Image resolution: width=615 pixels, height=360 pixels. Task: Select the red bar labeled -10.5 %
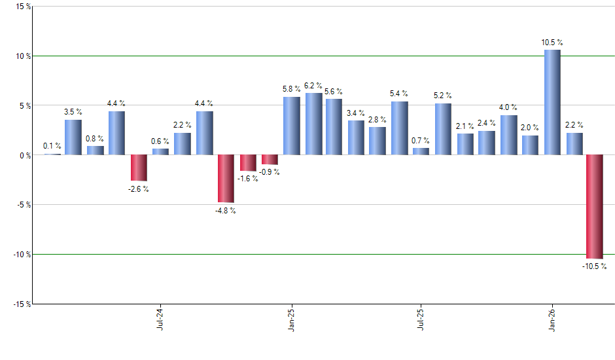click(595, 206)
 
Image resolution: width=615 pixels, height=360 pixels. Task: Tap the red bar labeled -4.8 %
click(226, 179)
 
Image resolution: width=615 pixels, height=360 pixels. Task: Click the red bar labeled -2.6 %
click(139, 168)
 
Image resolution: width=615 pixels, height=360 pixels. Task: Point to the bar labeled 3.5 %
click(73, 137)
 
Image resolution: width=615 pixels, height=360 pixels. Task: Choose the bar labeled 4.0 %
click(508, 135)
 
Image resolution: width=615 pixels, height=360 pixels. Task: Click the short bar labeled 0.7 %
click(421, 151)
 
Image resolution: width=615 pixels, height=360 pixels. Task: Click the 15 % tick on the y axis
click(22, 7)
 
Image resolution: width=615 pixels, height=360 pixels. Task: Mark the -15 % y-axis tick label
click(21, 304)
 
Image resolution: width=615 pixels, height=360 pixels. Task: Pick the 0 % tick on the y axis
click(24, 155)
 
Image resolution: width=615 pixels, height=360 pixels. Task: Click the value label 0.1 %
click(52, 146)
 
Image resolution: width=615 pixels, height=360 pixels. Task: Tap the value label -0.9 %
click(270, 172)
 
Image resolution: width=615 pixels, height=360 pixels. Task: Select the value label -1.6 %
click(247, 179)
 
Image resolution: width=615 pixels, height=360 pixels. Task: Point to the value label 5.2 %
click(443, 96)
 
